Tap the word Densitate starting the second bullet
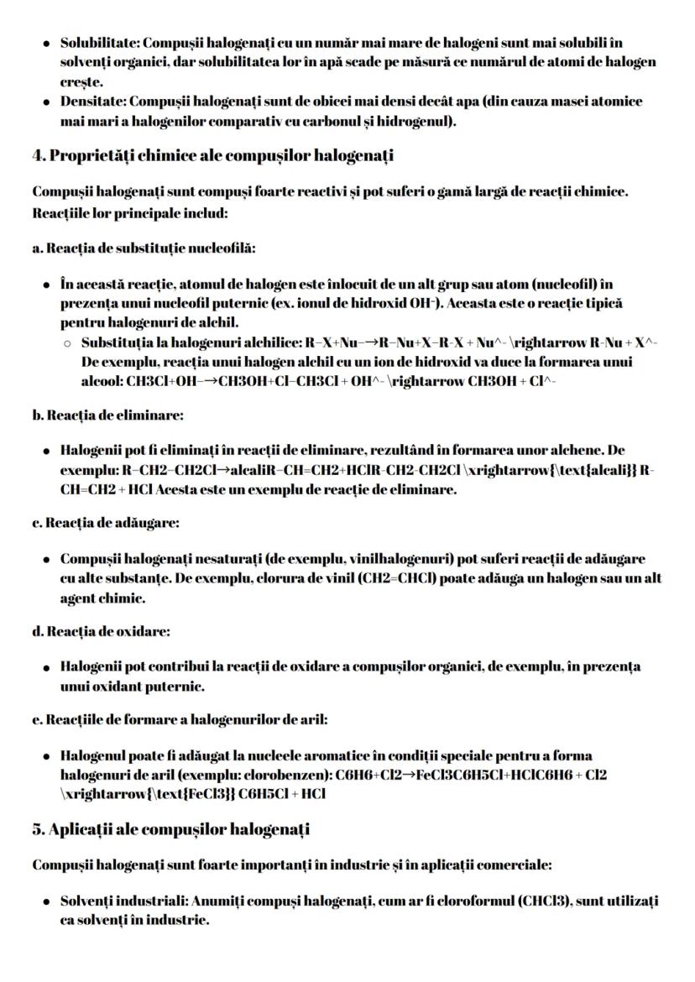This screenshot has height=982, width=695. click(x=87, y=102)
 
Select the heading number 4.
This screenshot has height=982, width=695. click(x=37, y=155)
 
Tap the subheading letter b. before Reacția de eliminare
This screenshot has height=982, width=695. click(x=37, y=415)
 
